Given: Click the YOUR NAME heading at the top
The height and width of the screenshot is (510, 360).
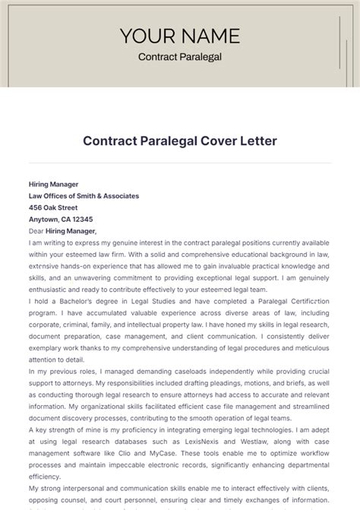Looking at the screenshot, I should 179,36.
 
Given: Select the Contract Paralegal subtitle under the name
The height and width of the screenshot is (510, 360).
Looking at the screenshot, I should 179,57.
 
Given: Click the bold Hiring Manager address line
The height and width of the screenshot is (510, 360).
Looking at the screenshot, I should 53,184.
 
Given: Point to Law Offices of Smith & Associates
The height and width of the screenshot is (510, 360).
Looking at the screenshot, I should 84,195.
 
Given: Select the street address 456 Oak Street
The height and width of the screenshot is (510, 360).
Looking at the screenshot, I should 53,207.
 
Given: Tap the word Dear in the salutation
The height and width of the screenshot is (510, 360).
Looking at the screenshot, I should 36,231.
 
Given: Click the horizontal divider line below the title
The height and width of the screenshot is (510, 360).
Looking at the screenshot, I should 179,163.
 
